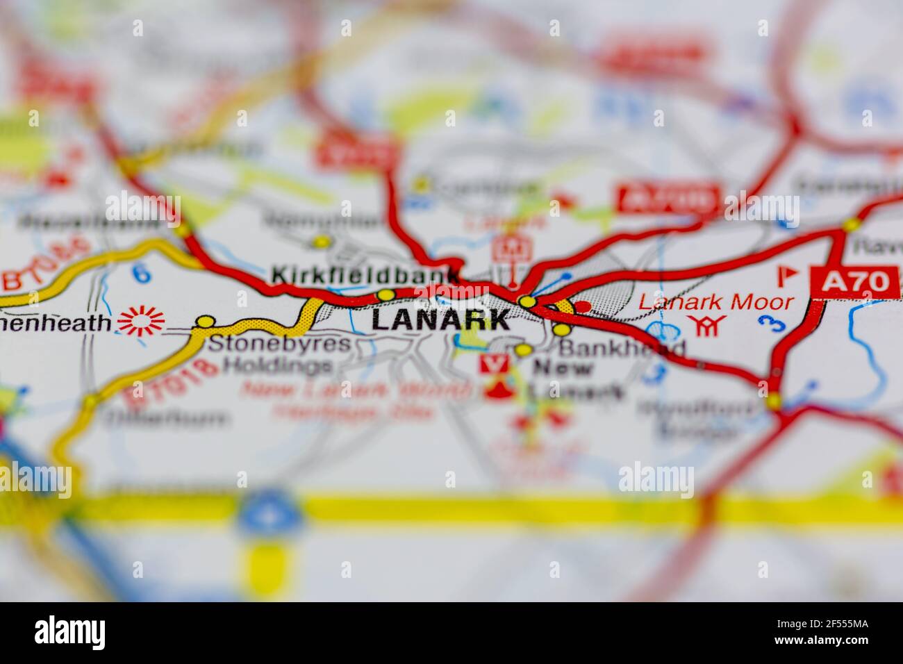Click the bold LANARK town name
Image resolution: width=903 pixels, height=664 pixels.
pyautogui.click(x=440, y=319)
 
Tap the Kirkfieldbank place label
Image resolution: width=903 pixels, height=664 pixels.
pyautogui.click(x=365, y=275)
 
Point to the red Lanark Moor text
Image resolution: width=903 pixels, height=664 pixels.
pyautogui.click(x=715, y=302)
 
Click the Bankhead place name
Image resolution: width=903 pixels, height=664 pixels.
pyautogui.click(x=622, y=348)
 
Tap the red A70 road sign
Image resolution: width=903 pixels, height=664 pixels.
pyautogui.click(x=855, y=282)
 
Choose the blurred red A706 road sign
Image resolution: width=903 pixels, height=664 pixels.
pyautogui.click(x=667, y=199)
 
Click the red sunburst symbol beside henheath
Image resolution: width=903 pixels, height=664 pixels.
pyautogui.click(x=142, y=321)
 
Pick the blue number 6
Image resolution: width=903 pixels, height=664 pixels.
pyautogui.click(x=141, y=273)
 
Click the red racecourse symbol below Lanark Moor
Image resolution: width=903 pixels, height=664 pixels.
pyautogui.click(x=706, y=324)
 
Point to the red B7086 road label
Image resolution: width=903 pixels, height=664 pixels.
pyautogui.click(x=48, y=265)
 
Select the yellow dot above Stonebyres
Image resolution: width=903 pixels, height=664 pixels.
pyautogui.click(x=206, y=322)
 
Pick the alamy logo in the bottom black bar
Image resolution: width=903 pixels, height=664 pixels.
pyautogui.click(x=69, y=633)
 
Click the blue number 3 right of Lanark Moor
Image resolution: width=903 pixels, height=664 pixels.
pyautogui.click(x=767, y=323)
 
